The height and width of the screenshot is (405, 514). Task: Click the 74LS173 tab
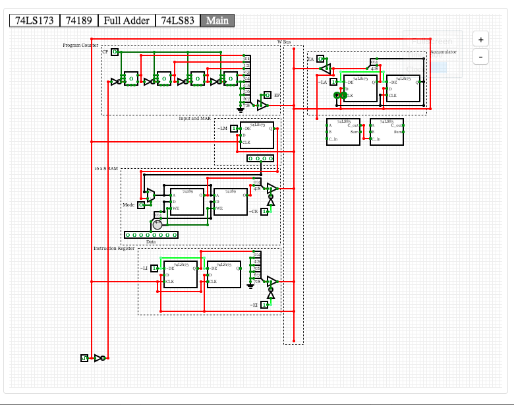coord(34,20)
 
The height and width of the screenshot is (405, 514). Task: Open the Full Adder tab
coord(127,20)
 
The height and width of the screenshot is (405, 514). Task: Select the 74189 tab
coord(79,20)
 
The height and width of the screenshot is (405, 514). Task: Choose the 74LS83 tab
coord(177,20)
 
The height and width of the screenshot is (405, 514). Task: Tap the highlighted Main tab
coord(217,20)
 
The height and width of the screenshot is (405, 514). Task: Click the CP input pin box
coord(115,51)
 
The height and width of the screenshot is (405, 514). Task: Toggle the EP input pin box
coord(268,95)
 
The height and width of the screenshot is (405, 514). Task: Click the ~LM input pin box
coord(234,128)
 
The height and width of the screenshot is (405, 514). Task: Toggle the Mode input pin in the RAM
coord(141,205)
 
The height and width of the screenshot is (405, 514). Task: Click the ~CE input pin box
coord(264,211)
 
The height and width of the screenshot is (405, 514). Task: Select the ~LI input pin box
coord(155,268)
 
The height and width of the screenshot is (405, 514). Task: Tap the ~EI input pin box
coord(264,305)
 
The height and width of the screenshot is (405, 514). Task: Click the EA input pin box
coord(320,59)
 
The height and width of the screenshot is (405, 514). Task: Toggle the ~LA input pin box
coord(334,82)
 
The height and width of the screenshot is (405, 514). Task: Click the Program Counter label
coord(80,45)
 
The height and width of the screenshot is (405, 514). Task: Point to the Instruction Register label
coord(113,248)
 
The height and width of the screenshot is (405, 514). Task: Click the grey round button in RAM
coord(157,225)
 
